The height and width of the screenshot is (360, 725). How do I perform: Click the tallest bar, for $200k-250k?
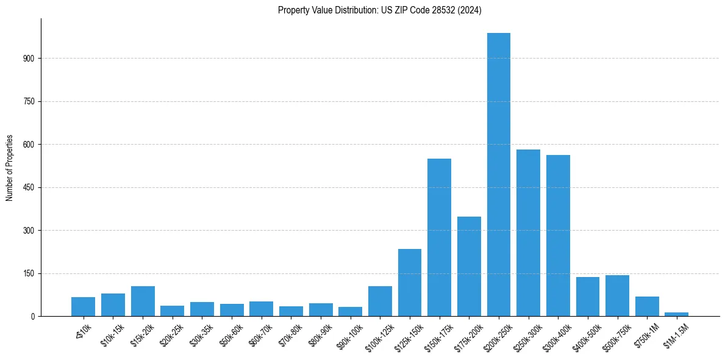tap(499, 175)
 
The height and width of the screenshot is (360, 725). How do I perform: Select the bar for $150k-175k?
tap(439, 237)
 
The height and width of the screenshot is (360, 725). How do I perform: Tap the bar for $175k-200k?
tap(469, 266)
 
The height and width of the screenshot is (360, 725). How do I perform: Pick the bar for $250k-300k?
tap(528, 232)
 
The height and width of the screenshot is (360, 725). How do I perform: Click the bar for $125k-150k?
tap(410, 283)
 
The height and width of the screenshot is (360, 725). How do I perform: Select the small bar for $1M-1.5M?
tap(676, 314)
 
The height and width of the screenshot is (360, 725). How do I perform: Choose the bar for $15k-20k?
tap(143, 301)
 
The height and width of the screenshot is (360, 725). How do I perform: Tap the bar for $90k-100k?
tap(351, 311)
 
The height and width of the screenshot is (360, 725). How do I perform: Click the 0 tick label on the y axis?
tap(34, 316)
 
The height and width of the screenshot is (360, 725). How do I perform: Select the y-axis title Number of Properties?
tap(9, 168)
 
